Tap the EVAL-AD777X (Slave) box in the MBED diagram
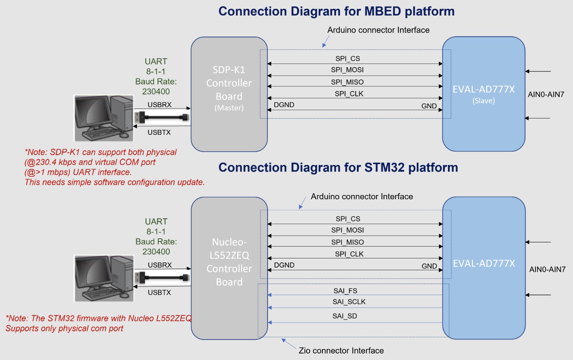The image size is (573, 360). pyautogui.click(x=483, y=94)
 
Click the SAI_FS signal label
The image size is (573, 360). pyautogui.click(x=345, y=291)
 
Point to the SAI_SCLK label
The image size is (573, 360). pyautogui.click(x=349, y=302)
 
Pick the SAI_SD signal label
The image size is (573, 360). pyautogui.click(x=345, y=316)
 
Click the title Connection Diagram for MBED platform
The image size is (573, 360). pyautogui.click(x=336, y=11)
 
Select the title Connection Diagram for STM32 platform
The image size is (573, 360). pyautogui.click(x=338, y=168)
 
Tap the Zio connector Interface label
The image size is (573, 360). pyautogui.click(x=341, y=350)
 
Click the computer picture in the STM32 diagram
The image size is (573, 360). pyautogui.click(x=104, y=278)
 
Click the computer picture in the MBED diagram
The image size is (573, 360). pyautogui.click(x=104, y=118)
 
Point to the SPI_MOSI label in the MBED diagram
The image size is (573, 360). pyautogui.click(x=347, y=70)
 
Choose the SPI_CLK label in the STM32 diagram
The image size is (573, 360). pyautogui.click(x=349, y=254)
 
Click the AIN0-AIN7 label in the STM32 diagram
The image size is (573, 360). pyautogui.click(x=547, y=269)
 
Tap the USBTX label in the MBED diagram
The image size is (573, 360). pyautogui.click(x=159, y=132)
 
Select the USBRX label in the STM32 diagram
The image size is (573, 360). pyautogui.click(x=160, y=265)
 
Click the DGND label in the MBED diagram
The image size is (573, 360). pyautogui.click(x=284, y=105)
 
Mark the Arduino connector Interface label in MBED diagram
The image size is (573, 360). pyautogui.click(x=378, y=30)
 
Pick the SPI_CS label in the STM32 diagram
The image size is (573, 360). pyautogui.click(x=348, y=219)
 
